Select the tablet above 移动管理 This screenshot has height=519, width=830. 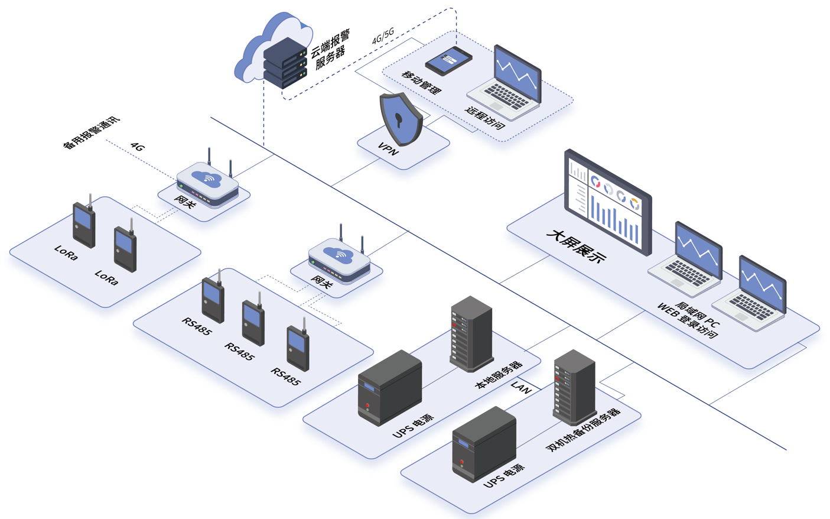[x=449, y=60]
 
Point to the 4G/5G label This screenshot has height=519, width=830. [x=383, y=36]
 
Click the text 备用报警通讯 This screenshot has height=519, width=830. [x=92, y=132]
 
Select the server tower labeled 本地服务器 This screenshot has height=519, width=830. [x=471, y=334]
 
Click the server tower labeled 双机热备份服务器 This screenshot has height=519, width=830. [x=574, y=387]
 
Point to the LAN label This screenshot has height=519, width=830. [x=521, y=387]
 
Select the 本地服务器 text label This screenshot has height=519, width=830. [x=499, y=375]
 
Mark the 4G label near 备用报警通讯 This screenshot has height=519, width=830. [x=138, y=147]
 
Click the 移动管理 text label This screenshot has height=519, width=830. [x=422, y=82]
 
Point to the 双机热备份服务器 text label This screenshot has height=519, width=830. [x=583, y=430]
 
